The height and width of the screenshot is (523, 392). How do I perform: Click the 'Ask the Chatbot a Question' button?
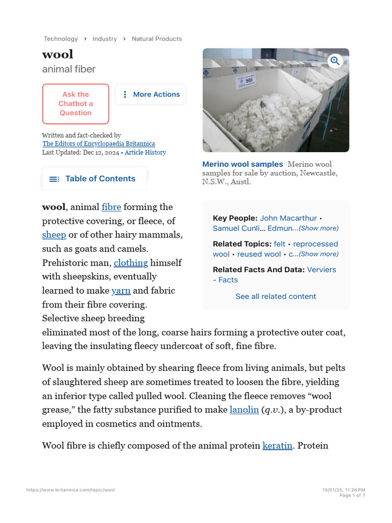tap(76, 104)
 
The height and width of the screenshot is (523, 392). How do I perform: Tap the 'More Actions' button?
tap(151, 94)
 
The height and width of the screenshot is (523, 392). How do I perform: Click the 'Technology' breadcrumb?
tap(61, 39)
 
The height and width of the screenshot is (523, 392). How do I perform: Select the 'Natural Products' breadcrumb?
tap(157, 39)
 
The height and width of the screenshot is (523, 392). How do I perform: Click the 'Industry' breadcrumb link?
tap(105, 39)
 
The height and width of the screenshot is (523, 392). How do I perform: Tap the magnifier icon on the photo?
tap(335, 61)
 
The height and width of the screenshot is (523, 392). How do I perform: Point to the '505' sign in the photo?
tap(249, 81)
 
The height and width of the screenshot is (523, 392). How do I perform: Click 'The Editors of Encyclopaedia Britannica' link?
tap(99, 144)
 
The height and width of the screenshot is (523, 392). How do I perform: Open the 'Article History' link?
tap(145, 152)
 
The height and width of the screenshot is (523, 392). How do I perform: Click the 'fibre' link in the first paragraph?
tap(111, 207)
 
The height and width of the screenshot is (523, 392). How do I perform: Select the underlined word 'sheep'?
tap(54, 235)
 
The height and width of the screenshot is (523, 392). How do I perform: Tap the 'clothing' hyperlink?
tap(131, 263)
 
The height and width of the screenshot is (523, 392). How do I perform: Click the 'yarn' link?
tap(121, 291)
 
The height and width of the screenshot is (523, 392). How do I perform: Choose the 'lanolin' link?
tap(244, 410)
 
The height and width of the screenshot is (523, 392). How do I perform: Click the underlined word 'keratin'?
tap(277, 445)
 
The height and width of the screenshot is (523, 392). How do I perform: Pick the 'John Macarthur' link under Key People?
tap(288, 218)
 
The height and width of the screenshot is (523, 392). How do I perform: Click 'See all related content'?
tap(276, 296)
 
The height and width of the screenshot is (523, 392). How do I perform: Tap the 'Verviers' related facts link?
tap(322, 269)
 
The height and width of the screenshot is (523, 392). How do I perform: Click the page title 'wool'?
tap(58, 54)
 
